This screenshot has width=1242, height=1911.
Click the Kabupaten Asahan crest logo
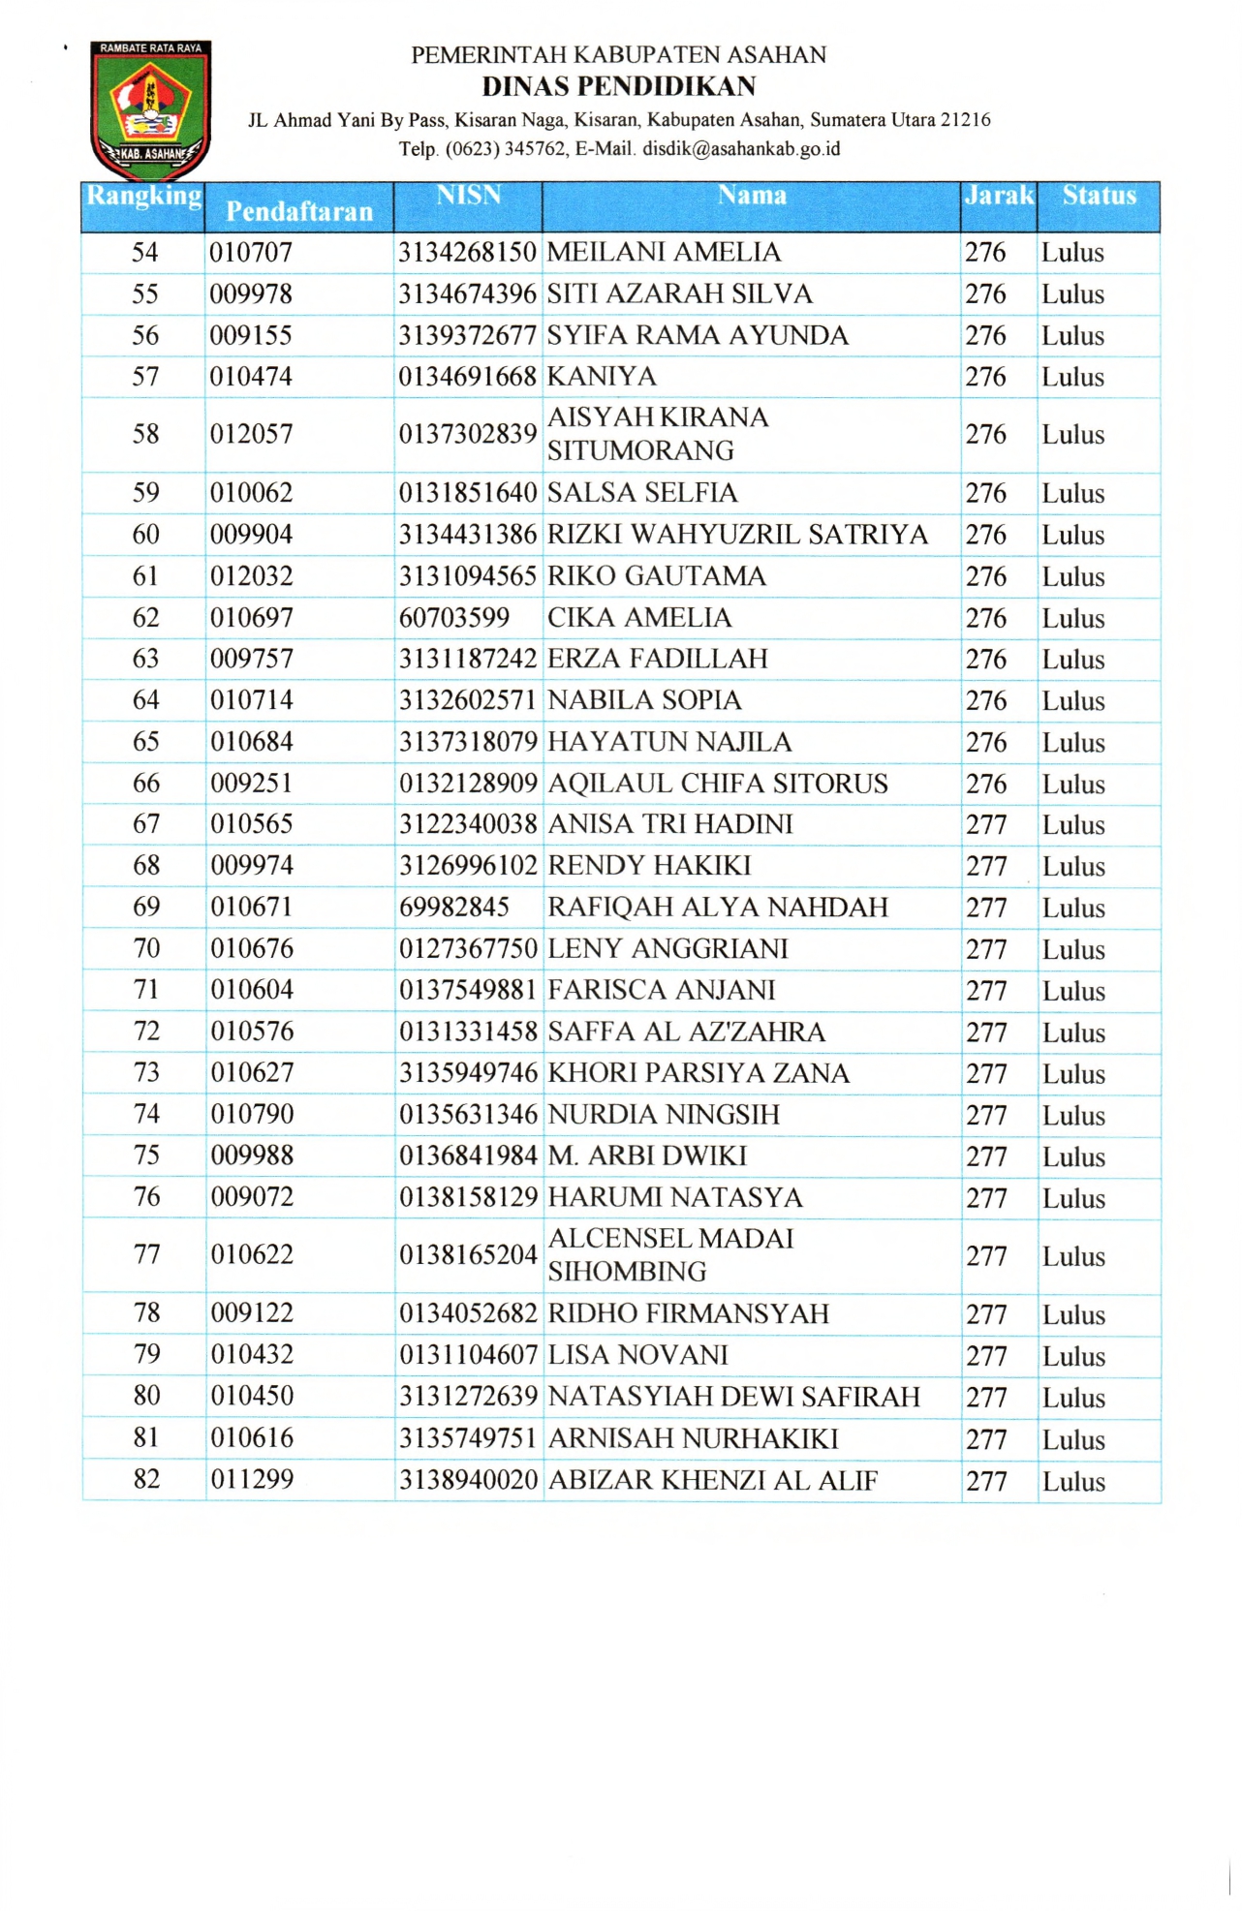click(149, 108)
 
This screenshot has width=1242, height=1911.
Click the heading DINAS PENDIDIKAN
click(619, 86)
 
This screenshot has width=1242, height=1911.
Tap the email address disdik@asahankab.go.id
click(741, 149)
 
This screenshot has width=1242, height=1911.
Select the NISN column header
click(468, 196)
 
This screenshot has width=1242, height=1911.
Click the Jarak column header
click(998, 196)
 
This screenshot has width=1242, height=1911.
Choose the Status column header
click(1099, 196)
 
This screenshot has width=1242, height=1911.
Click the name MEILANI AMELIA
click(664, 253)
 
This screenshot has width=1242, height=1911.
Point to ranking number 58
click(145, 434)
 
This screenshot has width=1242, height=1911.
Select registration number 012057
click(251, 434)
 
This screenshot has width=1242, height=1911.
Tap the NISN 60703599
click(454, 618)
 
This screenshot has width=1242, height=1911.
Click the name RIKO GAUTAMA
click(657, 576)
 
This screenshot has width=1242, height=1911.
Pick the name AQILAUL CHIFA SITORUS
click(718, 784)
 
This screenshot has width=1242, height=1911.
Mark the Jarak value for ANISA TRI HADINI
click(986, 825)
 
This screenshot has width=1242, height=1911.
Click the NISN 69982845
click(454, 908)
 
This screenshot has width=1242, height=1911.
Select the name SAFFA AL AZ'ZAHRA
click(687, 1033)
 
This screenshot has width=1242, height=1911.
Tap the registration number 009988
click(252, 1156)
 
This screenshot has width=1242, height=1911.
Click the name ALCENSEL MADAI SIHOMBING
click(670, 1255)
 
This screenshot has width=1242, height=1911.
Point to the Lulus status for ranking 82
click(1073, 1482)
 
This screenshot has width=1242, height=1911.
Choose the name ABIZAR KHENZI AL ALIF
click(713, 1481)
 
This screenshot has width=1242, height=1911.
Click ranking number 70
click(146, 949)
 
